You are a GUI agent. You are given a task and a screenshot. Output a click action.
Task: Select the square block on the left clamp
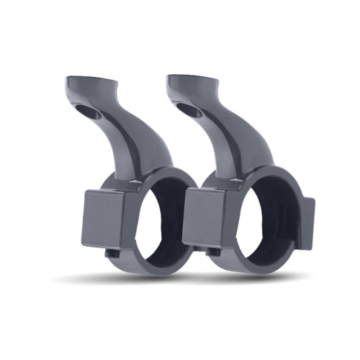pos(103,219)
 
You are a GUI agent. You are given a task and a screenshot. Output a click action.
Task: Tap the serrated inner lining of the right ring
pos(288,216)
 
